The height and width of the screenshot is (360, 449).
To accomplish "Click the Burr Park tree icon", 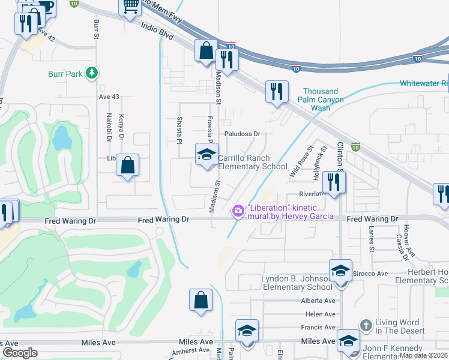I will pos(92,73).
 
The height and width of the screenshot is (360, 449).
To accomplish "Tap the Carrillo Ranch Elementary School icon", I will pos(206,155).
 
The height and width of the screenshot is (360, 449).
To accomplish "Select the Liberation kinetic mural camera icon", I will pos(238,209).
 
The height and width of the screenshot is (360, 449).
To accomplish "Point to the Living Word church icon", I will pos(366,325).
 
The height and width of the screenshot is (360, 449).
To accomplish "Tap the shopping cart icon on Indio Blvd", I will pos(130,7).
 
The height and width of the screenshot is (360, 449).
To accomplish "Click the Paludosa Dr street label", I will pos(241,134).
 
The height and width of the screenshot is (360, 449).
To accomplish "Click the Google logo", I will pos(19,353).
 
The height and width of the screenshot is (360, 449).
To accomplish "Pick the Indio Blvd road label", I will pos(157,31).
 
